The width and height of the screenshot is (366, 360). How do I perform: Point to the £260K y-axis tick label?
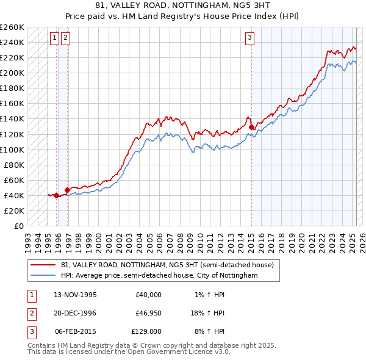[x=12, y=27]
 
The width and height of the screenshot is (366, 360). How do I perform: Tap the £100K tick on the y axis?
[x=12, y=149]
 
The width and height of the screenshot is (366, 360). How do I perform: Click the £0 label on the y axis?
[x=19, y=226]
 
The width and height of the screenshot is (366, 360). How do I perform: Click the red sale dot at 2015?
[x=252, y=128]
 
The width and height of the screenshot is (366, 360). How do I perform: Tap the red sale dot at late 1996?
[x=67, y=190]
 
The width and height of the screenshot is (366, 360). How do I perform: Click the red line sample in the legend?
[x=43, y=265]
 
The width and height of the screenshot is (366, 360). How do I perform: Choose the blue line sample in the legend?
[x=43, y=276]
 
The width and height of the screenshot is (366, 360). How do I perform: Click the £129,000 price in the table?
[x=147, y=331]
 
